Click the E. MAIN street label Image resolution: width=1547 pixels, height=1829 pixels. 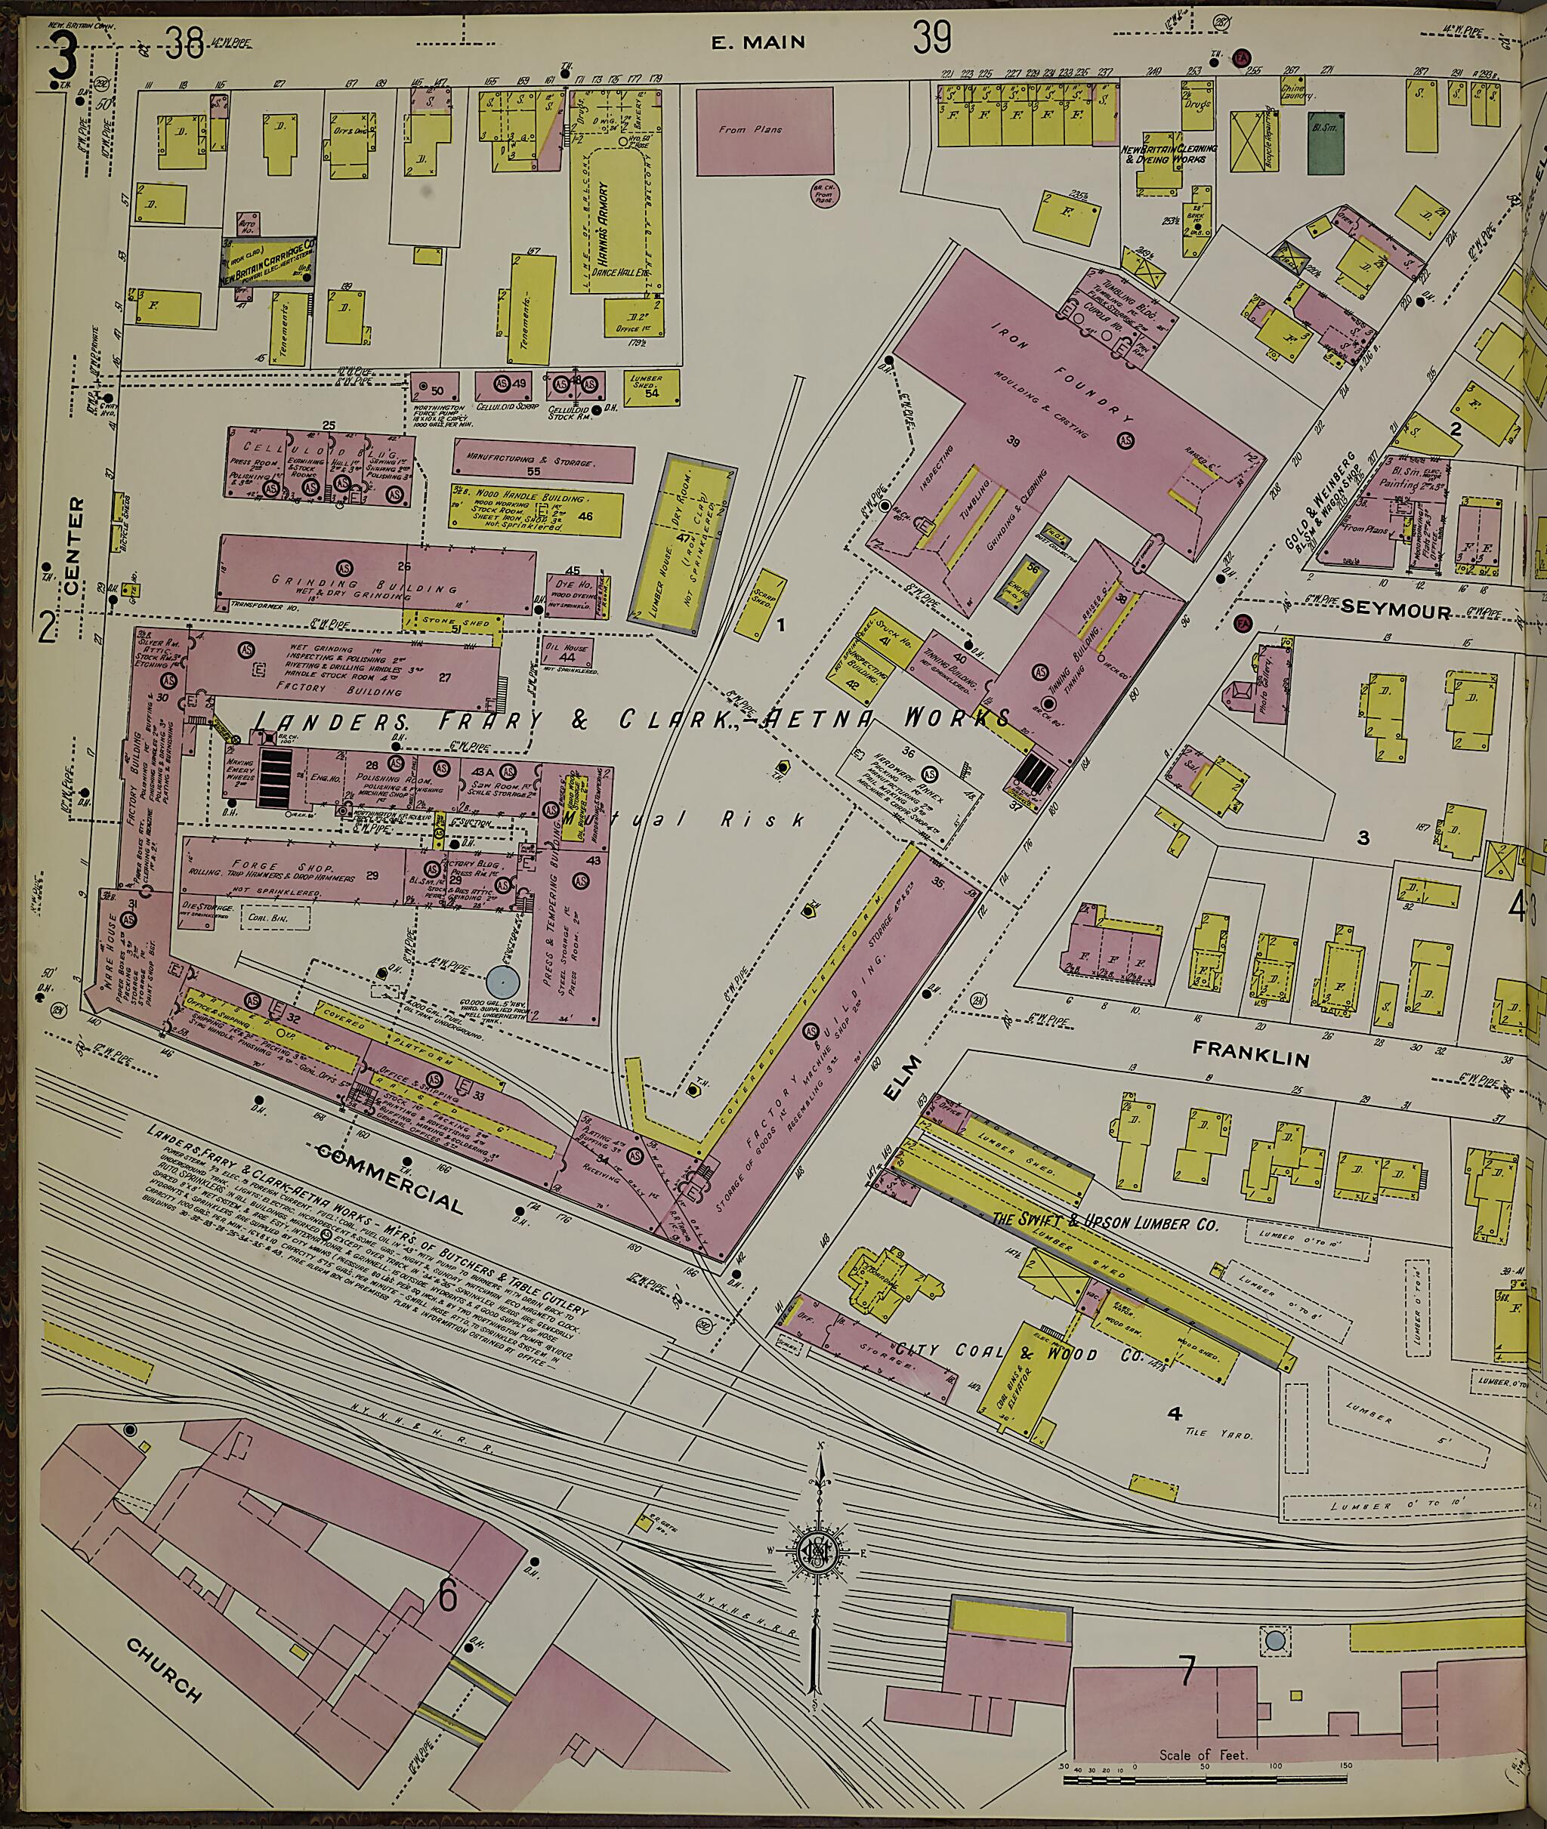757,42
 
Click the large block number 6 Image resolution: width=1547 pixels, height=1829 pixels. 448,1571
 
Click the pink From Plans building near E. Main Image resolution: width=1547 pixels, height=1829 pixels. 764,130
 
